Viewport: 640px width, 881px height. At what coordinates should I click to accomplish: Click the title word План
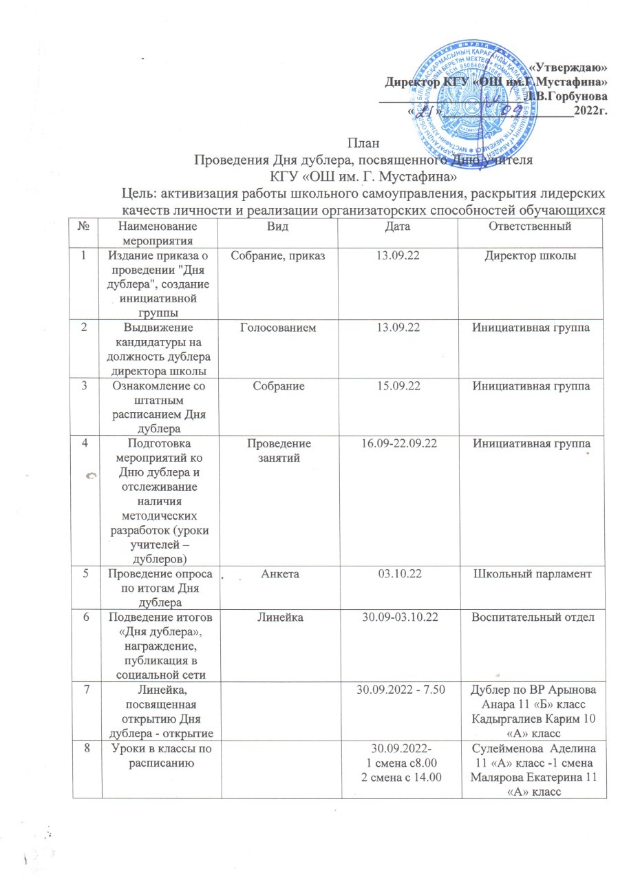363,144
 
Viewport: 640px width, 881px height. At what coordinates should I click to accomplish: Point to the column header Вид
281,226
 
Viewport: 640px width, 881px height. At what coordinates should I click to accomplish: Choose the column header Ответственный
529,226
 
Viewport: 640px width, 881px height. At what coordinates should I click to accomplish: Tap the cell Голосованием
281,328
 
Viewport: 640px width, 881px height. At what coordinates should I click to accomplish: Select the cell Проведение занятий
281,452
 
